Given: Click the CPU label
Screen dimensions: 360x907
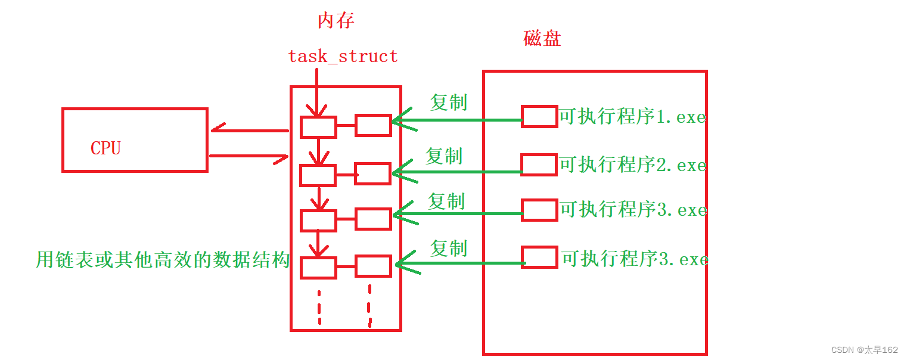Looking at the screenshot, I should [x=105, y=148].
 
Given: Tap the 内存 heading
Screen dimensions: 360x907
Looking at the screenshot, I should [x=336, y=21].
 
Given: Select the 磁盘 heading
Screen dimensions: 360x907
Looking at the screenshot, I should [x=542, y=39].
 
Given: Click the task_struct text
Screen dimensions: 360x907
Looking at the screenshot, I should [x=343, y=57].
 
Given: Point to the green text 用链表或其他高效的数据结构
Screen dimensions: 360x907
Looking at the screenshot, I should [x=163, y=260].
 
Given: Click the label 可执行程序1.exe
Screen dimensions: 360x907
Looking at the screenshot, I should [x=632, y=117].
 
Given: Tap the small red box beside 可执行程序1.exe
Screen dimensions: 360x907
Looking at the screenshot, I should [x=539, y=116].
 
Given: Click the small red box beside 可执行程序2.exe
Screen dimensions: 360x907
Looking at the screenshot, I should [x=539, y=164].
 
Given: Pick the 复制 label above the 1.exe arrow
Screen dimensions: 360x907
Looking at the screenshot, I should [x=448, y=103].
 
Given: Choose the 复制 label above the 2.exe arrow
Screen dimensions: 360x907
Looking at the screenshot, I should [x=444, y=156].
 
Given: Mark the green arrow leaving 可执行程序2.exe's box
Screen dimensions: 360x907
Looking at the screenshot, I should [x=459, y=173].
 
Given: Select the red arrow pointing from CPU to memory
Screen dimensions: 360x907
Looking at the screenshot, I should [x=250, y=157].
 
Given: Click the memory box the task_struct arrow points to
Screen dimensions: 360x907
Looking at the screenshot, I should [x=318, y=126].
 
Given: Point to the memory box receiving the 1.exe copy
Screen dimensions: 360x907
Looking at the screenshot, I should [x=373, y=125].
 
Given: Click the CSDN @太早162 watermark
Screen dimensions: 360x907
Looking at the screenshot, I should [x=864, y=350].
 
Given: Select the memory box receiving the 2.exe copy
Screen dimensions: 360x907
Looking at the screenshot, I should [x=373, y=173].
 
